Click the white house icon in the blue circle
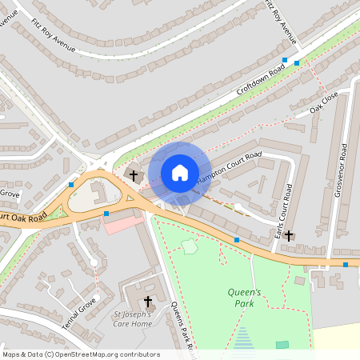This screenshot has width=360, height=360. [x=180, y=172]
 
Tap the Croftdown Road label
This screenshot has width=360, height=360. [x=261, y=82]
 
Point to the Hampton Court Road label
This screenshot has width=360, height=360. [x=230, y=165]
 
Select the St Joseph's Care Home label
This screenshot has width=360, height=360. [x=132, y=318]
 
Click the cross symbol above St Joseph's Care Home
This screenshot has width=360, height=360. [x=147, y=301]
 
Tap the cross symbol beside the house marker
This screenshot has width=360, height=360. [x=134, y=174]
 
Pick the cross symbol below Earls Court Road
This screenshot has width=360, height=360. [x=289, y=236]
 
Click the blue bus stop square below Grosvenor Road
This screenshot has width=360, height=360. [x=346, y=265]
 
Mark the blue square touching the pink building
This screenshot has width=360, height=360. [x=106, y=214]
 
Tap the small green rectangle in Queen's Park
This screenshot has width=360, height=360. [x=282, y=345]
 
